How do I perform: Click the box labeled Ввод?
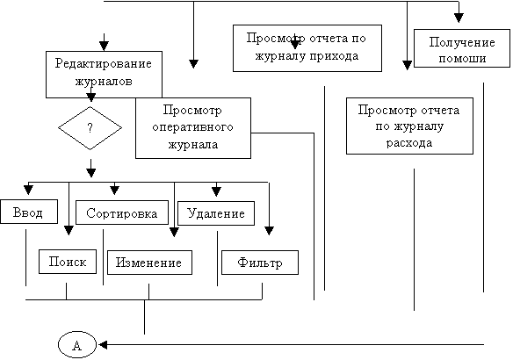point(29,212)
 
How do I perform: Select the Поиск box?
point(68,262)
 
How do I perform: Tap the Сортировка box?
point(122,212)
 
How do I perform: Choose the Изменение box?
point(149,263)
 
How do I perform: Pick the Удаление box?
point(216,213)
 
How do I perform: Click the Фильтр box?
point(260,263)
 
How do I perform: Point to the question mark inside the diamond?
point(90,127)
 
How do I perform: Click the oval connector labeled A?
point(77,344)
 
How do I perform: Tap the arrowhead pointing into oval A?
point(103,344)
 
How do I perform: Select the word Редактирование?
point(104,63)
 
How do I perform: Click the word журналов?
point(104,81)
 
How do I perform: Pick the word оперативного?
point(192,127)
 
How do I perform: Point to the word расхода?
point(409,143)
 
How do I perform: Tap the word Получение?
point(462,42)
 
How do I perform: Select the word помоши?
point(462,59)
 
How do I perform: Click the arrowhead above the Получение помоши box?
point(459,18)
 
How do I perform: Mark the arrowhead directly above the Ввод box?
point(28,190)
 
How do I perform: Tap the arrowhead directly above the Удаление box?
point(216,191)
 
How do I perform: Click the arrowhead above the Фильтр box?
point(269,231)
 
